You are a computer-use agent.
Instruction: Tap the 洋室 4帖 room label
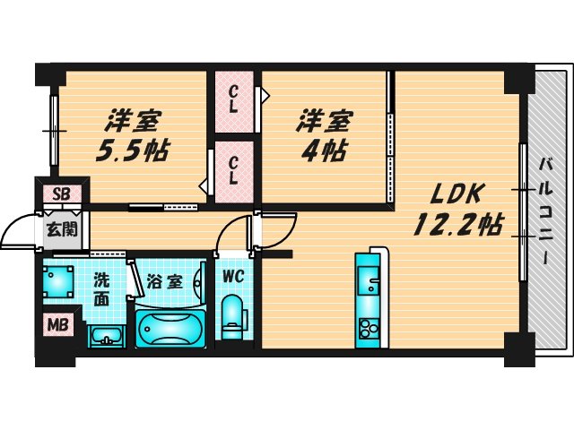tap(325, 133)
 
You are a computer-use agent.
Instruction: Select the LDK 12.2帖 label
tap(457, 208)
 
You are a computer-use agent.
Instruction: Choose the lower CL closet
tap(233, 169)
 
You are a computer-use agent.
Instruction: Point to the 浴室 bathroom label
tap(166, 280)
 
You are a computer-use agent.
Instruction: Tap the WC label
tap(233, 276)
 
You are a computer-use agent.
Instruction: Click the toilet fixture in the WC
tap(233, 317)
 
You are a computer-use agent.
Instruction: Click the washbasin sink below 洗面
tap(107, 337)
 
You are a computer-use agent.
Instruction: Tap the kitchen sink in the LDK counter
tap(369, 279)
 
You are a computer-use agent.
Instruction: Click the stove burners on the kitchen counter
tap(369, 329)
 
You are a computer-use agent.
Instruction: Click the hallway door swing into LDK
tap(276, 231)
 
